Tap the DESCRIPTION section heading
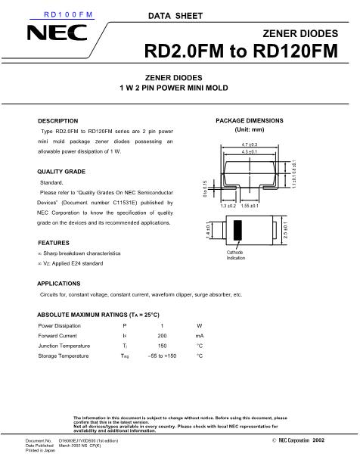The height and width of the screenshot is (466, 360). [58, 121]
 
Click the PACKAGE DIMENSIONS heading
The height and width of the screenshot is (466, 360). [249, 121]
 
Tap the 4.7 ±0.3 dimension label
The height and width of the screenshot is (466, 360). [250, 144]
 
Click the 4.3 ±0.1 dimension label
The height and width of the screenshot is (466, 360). [250, 153]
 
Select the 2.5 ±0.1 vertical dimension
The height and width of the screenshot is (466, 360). [285, 230]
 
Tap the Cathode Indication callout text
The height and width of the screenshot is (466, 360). [235, 255]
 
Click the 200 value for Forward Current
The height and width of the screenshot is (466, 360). [162, 334]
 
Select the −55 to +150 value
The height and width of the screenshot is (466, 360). [162, 356]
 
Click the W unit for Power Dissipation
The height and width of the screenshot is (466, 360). [200, 325]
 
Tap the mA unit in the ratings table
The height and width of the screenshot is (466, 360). [200, 334]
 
